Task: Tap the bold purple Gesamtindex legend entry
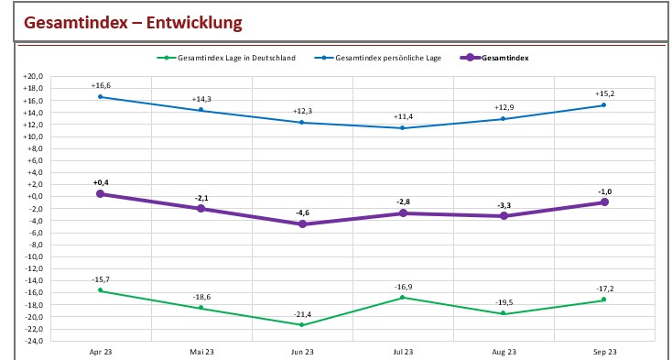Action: [504, 58]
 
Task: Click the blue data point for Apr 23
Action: [100, 97]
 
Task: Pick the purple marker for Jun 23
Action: [302, 224]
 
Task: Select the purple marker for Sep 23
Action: [604, 202]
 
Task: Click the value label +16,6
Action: [101, 85]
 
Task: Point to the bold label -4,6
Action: [303, 213]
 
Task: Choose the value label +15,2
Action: [604, 93]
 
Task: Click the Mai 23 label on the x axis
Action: [201, 352]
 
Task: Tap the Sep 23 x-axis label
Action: [604, 352]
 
